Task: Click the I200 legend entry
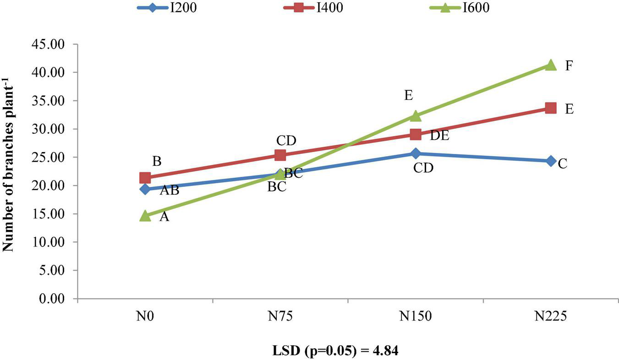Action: [x=167, y=8]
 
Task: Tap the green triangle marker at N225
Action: [x=550, y=65]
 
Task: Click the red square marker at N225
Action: [x=550, y=108]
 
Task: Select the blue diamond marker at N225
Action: [x=550, y=161]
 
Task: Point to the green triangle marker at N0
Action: [x=145, y=216]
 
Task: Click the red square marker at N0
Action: [x=145, y=178]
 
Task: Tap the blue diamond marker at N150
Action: [x=416, y=153]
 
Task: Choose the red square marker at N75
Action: [x=280, y=155]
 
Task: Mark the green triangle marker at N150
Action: [x=416, y=116]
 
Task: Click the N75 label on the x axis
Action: [x=280, y=317]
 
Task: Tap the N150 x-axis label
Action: [x=416, y=317]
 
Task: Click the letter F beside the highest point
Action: [x=569, y=66]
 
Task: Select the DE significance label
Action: [x=439, y=136]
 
